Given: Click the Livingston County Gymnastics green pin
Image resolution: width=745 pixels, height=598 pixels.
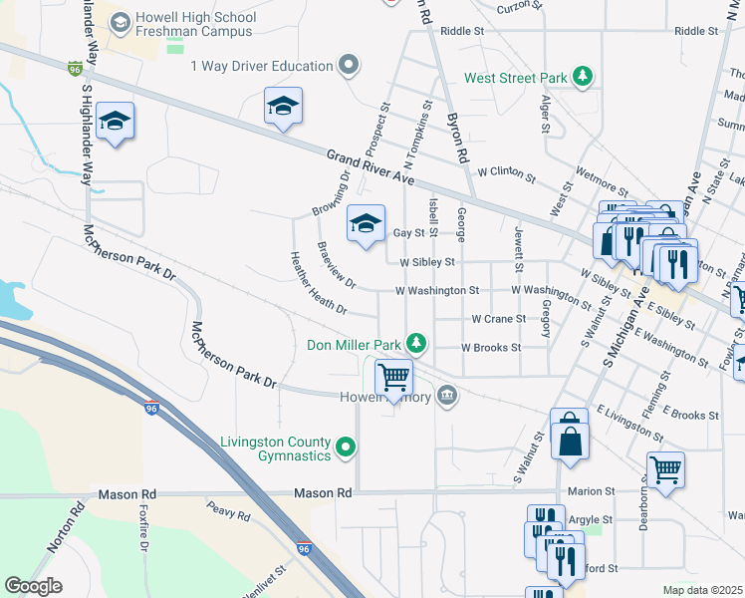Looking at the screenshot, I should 347,447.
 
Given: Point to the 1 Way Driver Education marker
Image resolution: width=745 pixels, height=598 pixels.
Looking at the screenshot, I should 348,67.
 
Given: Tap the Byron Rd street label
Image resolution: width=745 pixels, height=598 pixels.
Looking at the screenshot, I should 457,139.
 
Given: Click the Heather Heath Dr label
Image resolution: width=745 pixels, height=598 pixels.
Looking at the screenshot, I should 318,283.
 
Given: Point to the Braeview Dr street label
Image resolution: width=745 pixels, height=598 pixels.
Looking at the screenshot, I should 336,264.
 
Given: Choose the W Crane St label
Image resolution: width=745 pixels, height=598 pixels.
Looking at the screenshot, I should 498,319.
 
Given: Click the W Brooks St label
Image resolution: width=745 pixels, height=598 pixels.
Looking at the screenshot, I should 491,348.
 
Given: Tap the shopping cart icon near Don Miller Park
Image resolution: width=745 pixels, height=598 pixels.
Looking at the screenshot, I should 394,377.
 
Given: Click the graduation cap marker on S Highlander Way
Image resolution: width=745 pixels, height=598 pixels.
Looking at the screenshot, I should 116,122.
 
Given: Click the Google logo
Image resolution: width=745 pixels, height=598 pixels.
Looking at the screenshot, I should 33,586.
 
